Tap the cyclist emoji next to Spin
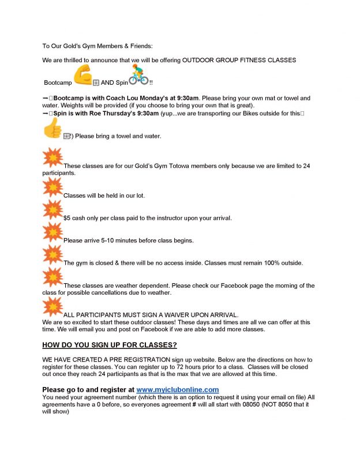click(138, 76)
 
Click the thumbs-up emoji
click(52, 127)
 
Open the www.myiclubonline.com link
click(178, 390)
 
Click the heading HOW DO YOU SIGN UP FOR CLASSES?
click(110, 345)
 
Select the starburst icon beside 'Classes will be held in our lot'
click(53, 187)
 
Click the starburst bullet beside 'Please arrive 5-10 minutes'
click(53, 232)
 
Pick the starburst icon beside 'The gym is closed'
click(53, 254)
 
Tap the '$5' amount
click(67, 218)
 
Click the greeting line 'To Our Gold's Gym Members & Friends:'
click(98, 46)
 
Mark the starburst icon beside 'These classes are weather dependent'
click(53, 277)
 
